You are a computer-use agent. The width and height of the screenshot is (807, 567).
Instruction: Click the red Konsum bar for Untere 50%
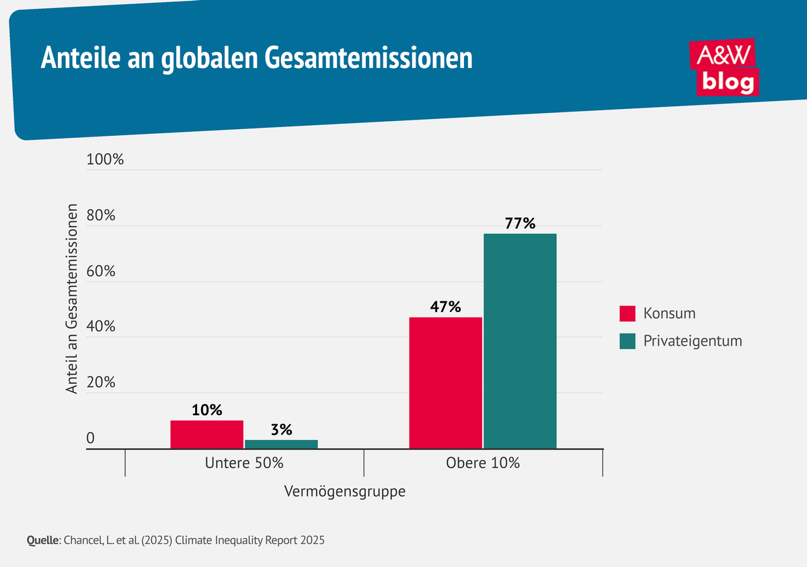click(206, 434)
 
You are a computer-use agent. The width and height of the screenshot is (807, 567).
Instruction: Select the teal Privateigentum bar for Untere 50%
click(281, 444)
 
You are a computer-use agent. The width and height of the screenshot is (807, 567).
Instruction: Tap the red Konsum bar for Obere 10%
click(445, 382)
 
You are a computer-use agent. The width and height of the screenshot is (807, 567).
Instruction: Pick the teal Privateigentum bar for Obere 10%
click(520, 340)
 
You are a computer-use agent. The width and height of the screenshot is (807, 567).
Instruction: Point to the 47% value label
click(445, 307)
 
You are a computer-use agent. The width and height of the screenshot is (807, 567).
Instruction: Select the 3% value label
click(281, 430)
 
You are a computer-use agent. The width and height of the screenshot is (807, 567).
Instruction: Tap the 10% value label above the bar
click(206, 410)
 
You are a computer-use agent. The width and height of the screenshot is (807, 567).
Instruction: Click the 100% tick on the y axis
click(105, 161)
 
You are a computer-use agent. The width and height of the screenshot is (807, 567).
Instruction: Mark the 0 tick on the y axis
click(90, 439)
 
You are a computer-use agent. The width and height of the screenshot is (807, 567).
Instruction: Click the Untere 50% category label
click(244, 463)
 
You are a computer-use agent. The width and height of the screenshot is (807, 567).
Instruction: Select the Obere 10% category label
click(483, 463)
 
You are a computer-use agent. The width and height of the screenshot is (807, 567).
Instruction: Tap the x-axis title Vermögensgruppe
click(345, 492)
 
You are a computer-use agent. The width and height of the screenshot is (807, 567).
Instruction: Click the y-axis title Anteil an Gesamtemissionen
click(72, 299)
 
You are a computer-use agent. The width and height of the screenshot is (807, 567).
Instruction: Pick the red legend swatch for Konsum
click(627, 313)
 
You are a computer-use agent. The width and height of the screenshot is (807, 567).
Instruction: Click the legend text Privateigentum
click(692, 341)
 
